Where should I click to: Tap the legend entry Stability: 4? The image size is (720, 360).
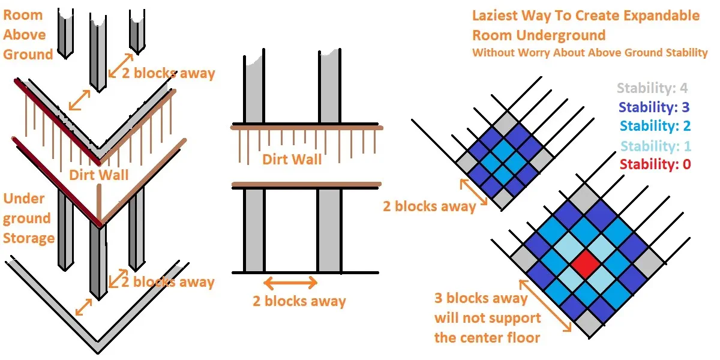click(652, 88)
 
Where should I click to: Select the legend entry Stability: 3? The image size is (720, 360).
click(653, 107)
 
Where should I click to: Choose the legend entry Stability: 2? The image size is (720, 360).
click(655, 126)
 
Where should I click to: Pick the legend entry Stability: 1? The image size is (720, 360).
click(655, 145)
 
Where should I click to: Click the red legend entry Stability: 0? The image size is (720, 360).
click(655, 164)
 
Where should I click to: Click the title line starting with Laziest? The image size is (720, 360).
click(586, 16)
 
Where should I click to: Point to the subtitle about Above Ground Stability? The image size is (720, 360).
click(590, 53)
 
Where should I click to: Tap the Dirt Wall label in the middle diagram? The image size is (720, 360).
click(292, 159)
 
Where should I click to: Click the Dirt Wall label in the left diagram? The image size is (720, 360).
click(99, 175)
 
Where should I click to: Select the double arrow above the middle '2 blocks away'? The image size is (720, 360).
click(291, 283)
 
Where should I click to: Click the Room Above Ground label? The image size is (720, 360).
click(28, 35)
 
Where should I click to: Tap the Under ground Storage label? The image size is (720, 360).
click(29, 218)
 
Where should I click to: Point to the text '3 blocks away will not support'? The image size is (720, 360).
click(487, 317)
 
